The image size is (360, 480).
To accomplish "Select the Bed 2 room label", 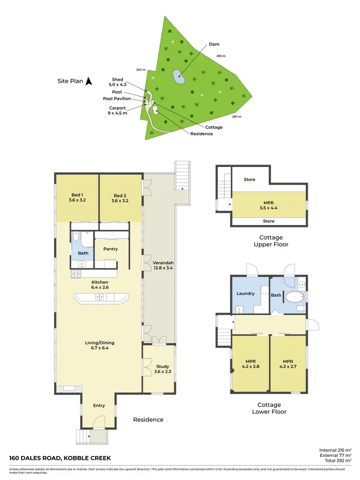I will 120,198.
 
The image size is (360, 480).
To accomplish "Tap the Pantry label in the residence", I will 110,249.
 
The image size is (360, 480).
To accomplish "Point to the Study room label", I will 162,369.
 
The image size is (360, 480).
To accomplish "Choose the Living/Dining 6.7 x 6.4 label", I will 100,346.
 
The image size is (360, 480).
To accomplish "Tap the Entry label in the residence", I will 99,406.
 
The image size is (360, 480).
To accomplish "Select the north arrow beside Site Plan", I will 88,82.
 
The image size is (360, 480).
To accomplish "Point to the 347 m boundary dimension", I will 140,71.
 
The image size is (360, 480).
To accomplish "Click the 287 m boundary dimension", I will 237,117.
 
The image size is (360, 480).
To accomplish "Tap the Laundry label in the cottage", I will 245,293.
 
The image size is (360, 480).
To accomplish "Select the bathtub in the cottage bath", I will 292,297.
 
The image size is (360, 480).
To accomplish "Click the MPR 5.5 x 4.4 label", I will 268,205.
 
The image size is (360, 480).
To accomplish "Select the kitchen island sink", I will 100,298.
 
